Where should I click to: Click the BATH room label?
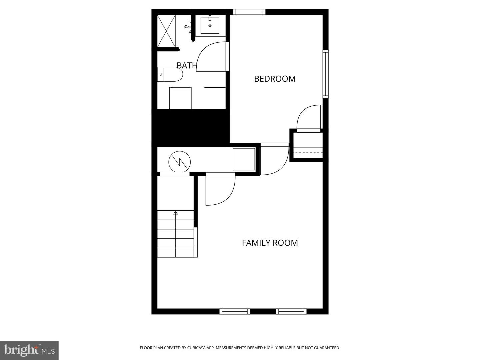point(187,65)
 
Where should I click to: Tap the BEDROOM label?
point(275,79)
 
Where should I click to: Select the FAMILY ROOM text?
point(270,243)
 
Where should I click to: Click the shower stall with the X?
point(167,31)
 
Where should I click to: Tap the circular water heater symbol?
point(179,162)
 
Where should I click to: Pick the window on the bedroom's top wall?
point(249,12)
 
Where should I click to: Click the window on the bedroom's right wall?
point(325,74)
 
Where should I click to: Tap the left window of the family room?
point(235,311)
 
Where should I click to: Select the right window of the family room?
point(291,311)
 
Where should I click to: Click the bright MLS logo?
point(29,350)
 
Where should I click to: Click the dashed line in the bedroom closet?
point(308,153)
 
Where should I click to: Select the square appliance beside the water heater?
point(244,159)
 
